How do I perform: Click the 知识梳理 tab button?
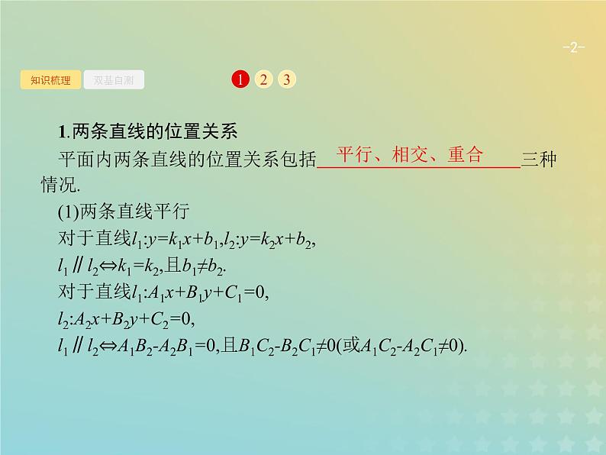tap(50, 80)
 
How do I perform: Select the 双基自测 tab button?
tap(114, 80)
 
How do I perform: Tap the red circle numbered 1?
tap(240, 79)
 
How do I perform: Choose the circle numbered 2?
tap(263, 79)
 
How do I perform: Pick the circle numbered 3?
tap(285, 79)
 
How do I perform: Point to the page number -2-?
tap(572, 48)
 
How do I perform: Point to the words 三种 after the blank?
tap(538, 160)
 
